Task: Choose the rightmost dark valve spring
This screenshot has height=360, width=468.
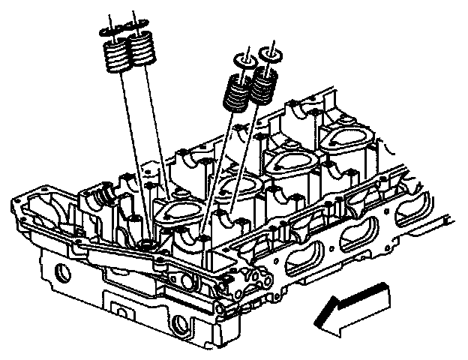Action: click(x=262, y=86)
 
